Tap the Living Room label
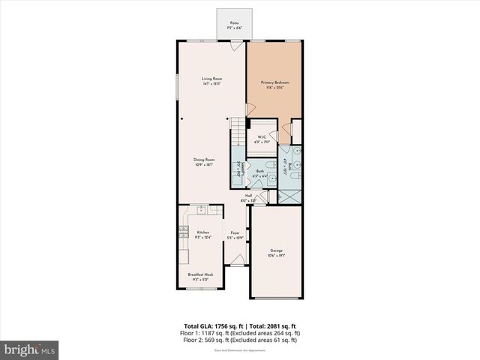(212, 81)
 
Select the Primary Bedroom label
(274, 83)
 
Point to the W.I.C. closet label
(262, 139)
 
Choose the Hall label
(248, 197)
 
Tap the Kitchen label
(202, 235)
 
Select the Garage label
(277, 253)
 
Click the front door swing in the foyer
(235, 260)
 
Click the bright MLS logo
(30, 349)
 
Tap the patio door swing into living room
(236, 46)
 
